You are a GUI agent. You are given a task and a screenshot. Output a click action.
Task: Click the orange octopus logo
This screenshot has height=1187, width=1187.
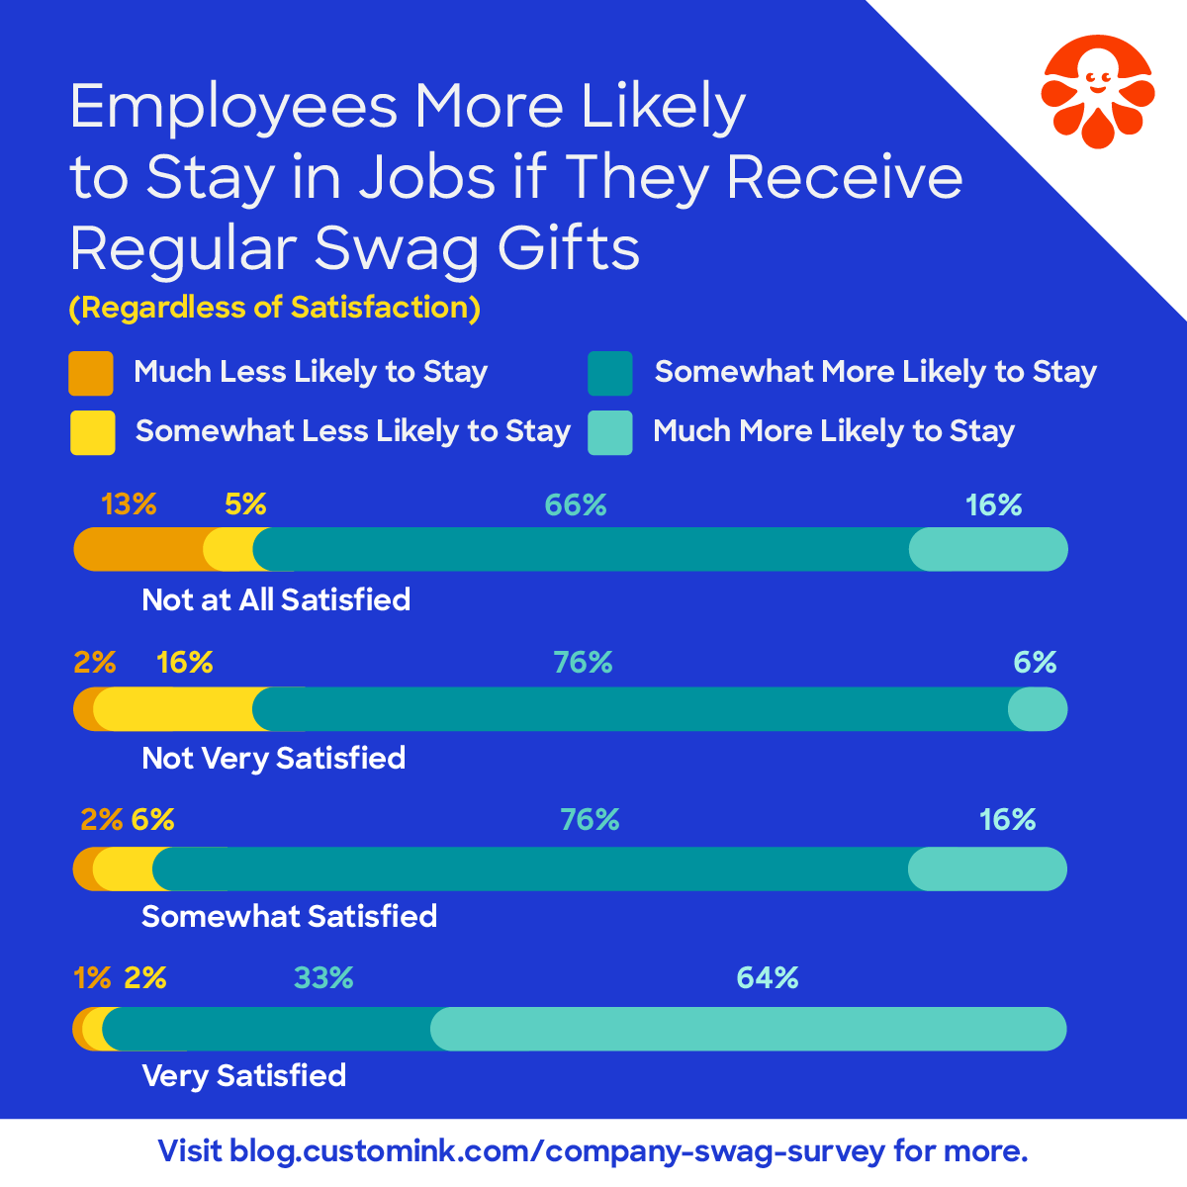[x=1097, y=91]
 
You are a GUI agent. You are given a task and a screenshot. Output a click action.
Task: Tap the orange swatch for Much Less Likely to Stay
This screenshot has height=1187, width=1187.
[x=91, y=373]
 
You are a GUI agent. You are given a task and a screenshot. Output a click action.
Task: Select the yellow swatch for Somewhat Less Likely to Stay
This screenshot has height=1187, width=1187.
[x=92, y=432]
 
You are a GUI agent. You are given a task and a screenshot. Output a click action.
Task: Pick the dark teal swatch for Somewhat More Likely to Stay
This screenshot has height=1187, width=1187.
[x=609, y=373]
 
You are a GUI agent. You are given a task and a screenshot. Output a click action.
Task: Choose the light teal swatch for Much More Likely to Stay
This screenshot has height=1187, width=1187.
[x=609, y=432]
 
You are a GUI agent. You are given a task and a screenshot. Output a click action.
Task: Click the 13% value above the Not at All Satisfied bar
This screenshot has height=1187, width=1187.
[x=129, y=504]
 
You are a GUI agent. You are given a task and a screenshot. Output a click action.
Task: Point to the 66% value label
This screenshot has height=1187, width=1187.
[x=576, y=505]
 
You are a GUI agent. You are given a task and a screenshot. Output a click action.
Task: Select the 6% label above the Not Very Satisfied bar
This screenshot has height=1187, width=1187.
[x=1035, y=663]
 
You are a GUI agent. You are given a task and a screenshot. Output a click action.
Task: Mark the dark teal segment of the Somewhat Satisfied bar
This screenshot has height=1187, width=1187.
[x=534, y=868]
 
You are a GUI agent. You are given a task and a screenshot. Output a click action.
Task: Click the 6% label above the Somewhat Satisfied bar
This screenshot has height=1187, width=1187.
[x=152, y=820]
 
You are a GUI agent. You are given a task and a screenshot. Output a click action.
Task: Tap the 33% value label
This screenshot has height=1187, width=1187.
[x=323, y=978]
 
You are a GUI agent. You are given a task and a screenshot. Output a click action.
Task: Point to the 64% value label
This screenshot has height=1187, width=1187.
[x=768, y=978]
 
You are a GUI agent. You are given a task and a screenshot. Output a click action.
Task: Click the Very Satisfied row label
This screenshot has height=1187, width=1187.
[x=244, y=1075]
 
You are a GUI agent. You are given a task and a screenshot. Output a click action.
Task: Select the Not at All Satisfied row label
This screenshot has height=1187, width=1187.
[x=276, y=599]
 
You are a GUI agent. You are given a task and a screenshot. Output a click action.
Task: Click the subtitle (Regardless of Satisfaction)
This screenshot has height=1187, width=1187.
[x=275, y=308]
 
